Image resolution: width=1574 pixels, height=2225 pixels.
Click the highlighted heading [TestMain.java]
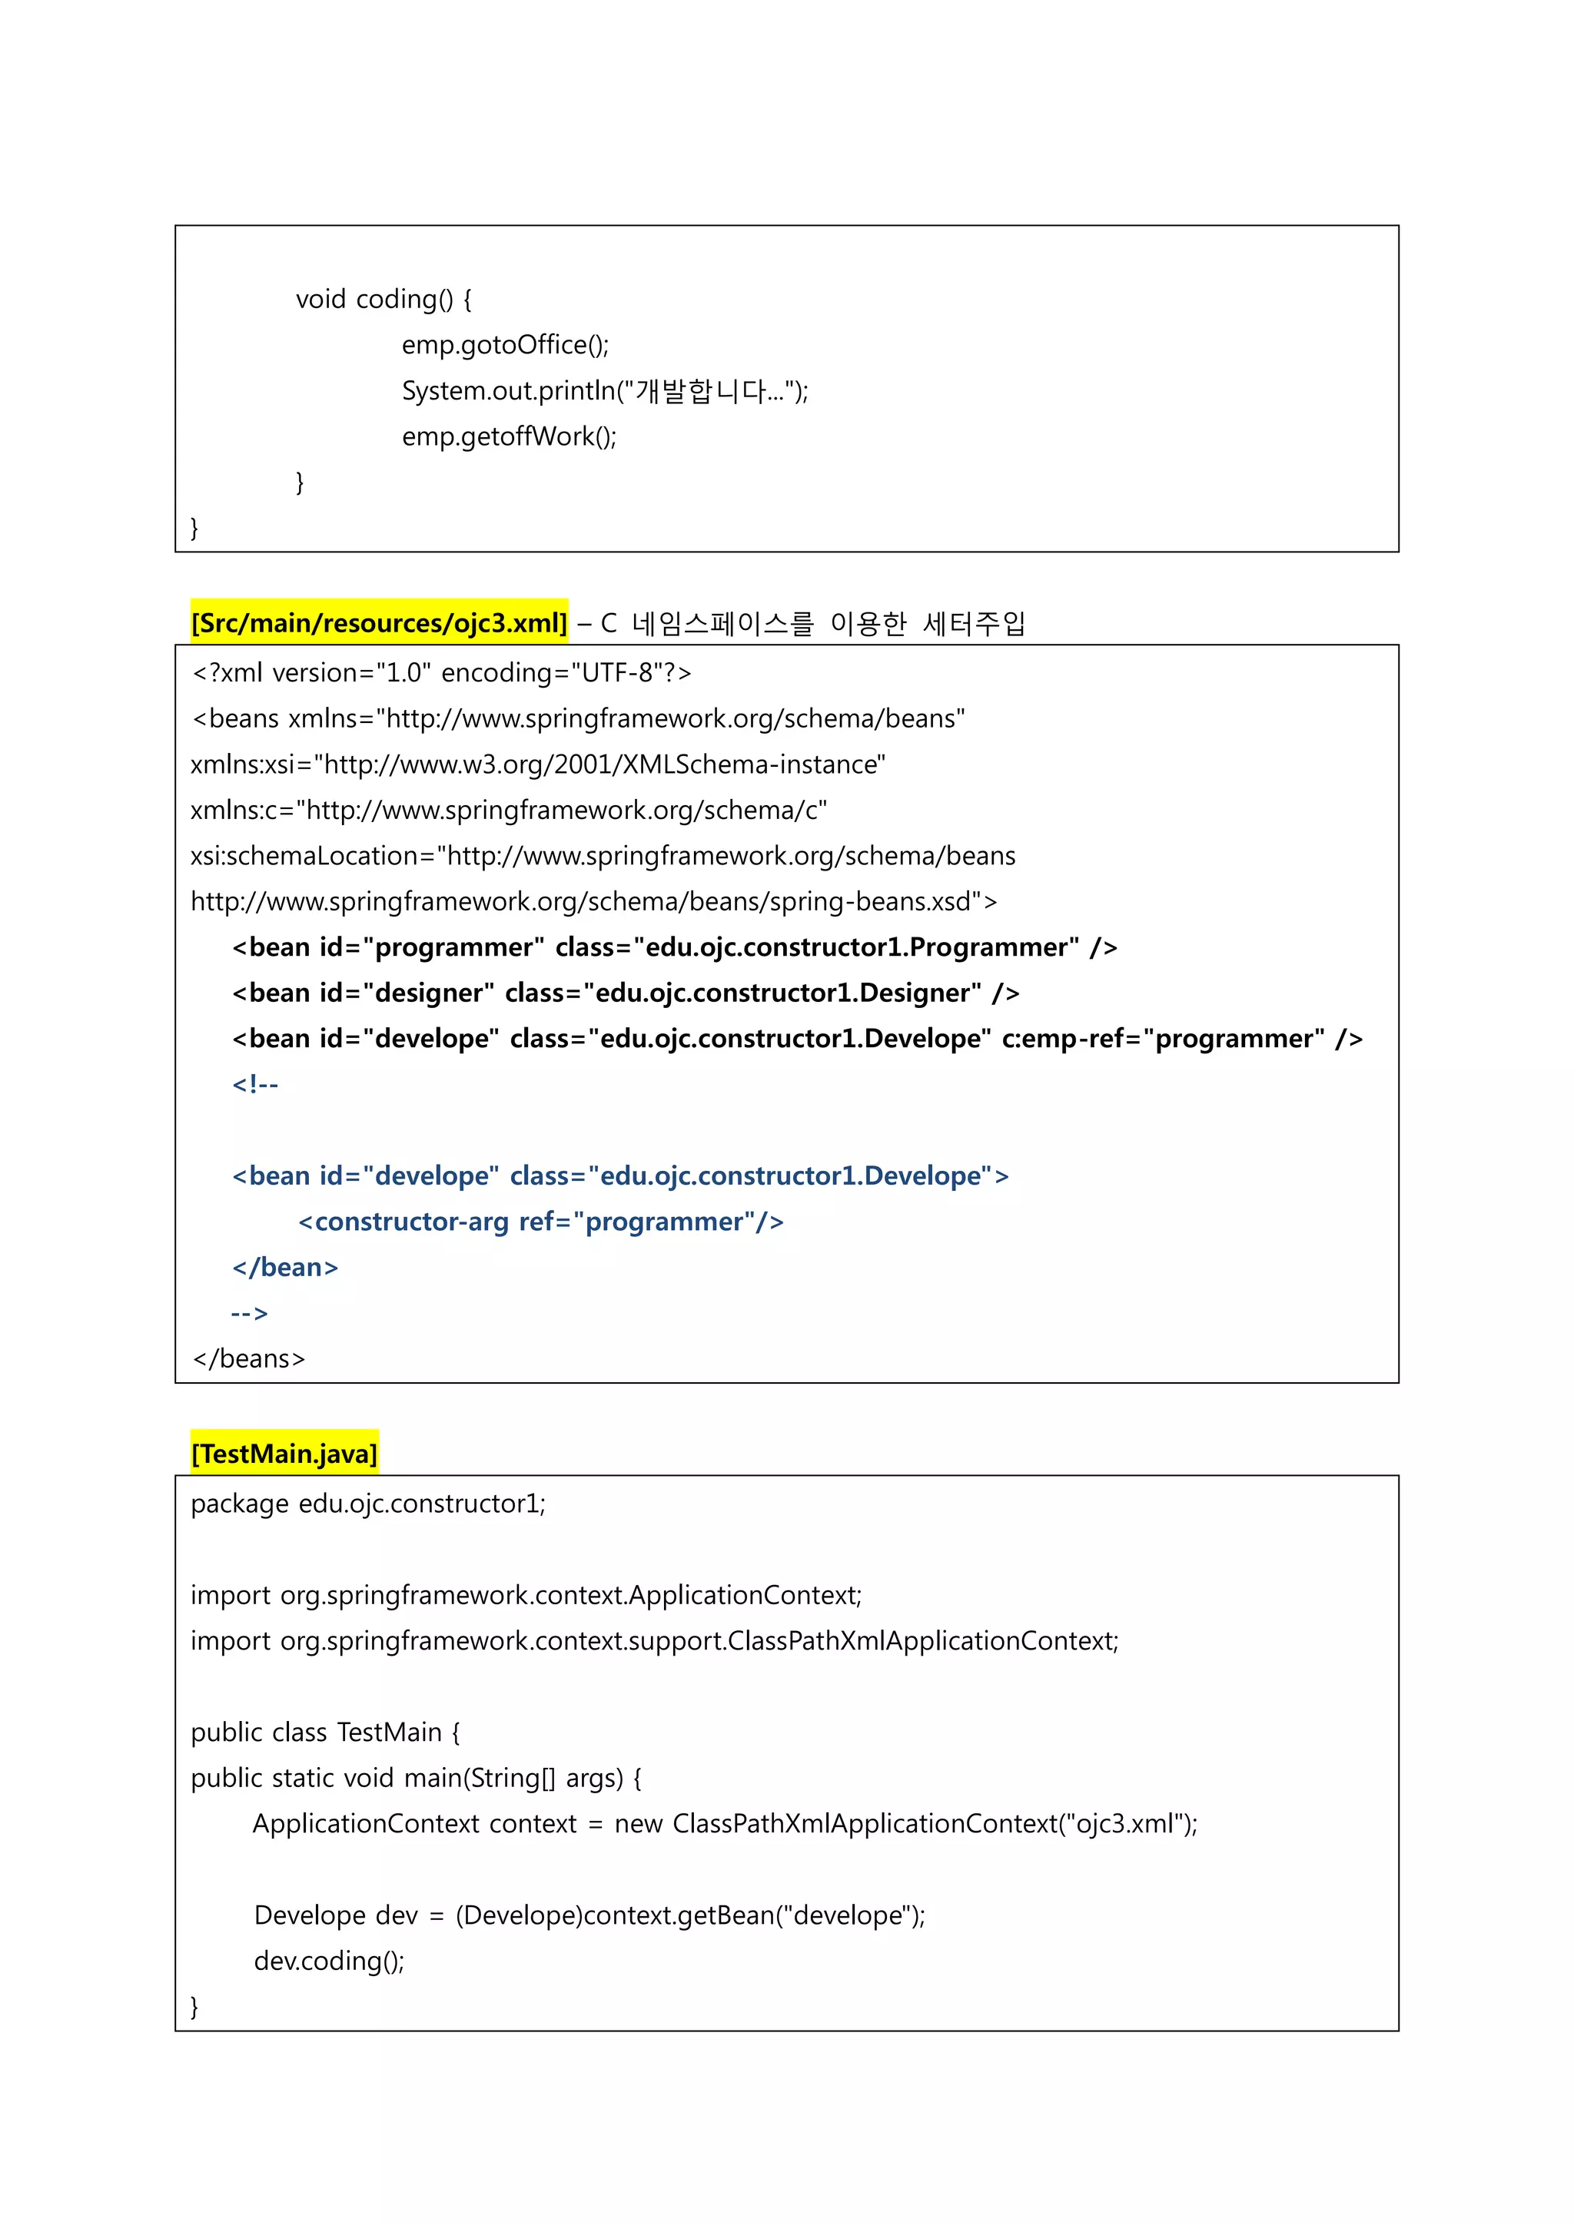click(284, 1454)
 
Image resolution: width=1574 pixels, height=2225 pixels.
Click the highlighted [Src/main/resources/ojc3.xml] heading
click(379, 623)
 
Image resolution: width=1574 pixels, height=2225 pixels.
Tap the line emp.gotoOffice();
click(505, 345)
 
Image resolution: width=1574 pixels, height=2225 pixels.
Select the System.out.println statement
click(604, 390)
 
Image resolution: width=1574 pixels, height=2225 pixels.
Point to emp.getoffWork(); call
click(509, 437)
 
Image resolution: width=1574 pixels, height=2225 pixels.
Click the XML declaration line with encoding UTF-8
click(441, 672)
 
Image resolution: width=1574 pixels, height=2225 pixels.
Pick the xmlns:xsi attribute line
click(538, 764)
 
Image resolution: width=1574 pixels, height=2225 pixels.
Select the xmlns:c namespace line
click(509, 810)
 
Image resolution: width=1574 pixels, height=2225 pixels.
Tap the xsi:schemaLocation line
click(603, 856)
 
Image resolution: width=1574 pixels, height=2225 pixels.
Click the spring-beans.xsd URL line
click(593, 902)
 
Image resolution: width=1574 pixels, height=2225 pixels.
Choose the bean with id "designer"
click(625, 993)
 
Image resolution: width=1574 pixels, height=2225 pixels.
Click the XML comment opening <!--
click(255, 1084)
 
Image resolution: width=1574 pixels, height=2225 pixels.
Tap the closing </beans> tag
click(249, 1358)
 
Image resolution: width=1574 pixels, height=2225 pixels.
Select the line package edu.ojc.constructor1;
click(368, 1504)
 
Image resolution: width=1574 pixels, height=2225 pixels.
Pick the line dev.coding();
click(329, 1961)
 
